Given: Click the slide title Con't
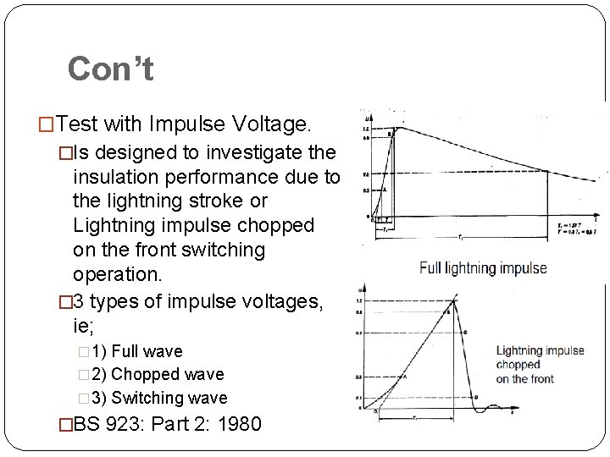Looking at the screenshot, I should point(110,69).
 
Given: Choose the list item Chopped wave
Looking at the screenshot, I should point(168,374).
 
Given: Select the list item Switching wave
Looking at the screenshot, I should point(169,398).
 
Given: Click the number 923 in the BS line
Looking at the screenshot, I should point(129,423).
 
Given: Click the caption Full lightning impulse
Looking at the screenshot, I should point(484,268).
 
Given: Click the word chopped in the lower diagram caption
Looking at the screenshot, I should point(518,365).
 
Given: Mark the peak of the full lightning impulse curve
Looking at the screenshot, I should point(398,127).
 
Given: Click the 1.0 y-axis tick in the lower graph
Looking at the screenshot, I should point(359,301).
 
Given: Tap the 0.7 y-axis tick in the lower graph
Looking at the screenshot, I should point(359,333).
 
